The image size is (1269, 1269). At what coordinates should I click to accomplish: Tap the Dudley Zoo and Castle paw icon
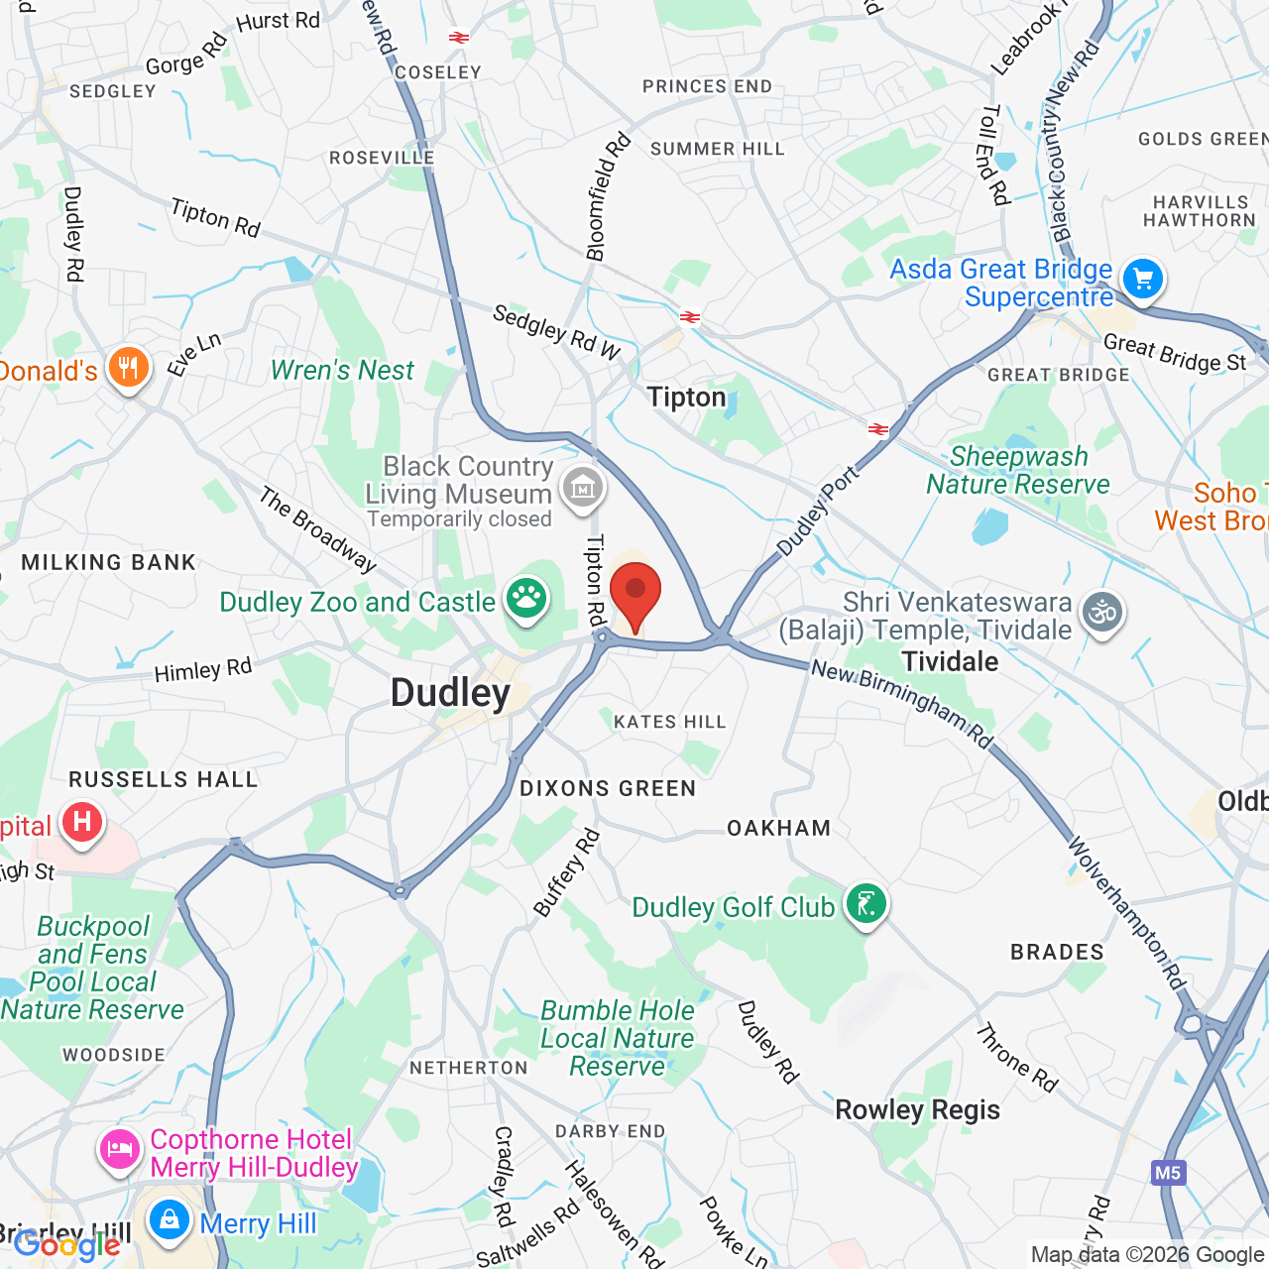526,598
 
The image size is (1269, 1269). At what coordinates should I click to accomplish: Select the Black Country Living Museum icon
582,487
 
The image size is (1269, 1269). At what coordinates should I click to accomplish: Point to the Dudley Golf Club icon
866,904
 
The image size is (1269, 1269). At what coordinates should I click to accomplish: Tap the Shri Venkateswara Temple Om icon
1101,612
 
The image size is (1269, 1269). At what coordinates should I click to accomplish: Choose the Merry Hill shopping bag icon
170,1220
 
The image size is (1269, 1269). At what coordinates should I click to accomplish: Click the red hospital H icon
82,822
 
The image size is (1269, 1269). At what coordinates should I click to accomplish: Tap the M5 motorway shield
1167,1173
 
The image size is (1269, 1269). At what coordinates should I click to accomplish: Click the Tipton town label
686,398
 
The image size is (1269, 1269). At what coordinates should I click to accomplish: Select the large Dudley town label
450,693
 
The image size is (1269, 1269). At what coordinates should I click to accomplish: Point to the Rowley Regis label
917,1109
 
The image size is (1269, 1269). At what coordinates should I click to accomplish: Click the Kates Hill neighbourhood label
670,722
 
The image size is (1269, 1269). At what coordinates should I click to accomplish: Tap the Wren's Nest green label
342,370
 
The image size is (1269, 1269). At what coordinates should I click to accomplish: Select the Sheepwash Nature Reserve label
1018,470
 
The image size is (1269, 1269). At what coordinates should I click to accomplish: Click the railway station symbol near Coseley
458,38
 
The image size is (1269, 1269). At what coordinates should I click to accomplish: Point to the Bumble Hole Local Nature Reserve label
617,1038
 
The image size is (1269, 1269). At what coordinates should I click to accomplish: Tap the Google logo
66,1244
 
